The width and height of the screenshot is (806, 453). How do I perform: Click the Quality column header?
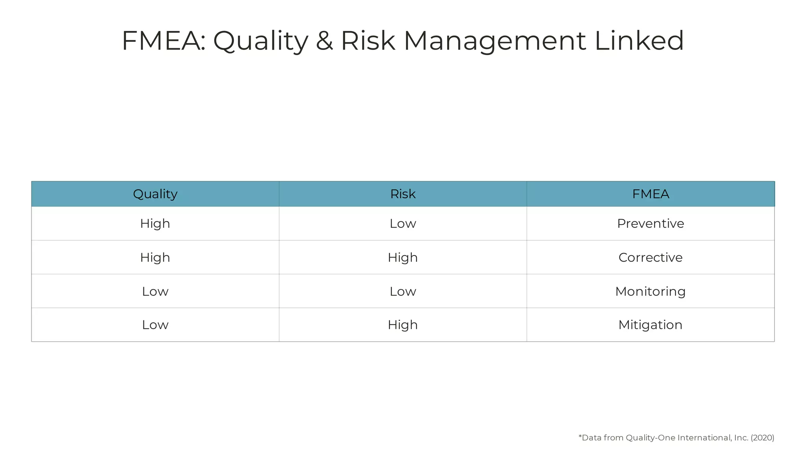155,194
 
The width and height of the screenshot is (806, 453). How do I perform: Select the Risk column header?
403,194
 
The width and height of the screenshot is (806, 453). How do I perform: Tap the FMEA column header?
651,194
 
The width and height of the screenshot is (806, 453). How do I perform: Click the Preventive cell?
651,223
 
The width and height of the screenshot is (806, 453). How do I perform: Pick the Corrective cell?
651,257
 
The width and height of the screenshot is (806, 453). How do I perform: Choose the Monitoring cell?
651,291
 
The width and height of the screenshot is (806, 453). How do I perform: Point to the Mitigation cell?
651,325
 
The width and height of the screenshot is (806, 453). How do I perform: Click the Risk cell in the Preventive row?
403,223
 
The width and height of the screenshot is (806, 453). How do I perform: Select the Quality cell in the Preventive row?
155,223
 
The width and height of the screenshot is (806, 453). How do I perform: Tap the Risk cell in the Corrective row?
403,257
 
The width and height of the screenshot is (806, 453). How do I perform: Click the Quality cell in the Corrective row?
155,257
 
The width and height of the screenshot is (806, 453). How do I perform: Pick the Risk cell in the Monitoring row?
403,291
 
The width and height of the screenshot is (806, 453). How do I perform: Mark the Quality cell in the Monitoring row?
155,291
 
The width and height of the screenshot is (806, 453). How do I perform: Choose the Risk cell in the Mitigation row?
403,325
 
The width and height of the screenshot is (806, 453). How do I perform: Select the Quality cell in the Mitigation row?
155,325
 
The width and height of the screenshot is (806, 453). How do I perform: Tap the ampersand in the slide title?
324,41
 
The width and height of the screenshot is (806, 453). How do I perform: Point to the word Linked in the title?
639,41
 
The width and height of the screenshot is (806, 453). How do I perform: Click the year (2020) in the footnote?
762,438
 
